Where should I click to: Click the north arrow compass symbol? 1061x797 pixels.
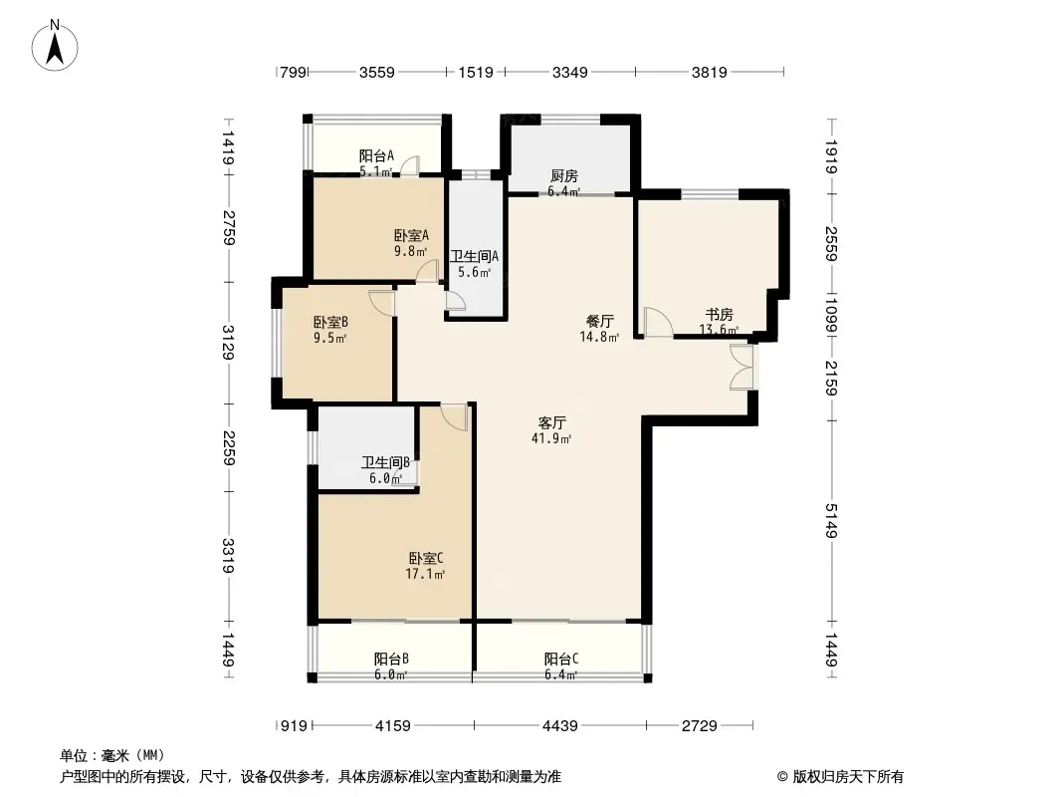pos(55,46)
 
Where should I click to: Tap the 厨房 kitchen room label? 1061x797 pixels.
pos(563,176)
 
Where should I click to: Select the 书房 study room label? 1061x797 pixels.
pos(720,314)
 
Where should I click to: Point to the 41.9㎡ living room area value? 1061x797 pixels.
pos(551,438)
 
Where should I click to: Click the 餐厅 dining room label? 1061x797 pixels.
pos(599,321)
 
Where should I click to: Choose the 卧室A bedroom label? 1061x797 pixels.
pos(411,236)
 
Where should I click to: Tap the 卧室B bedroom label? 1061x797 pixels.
pos(330,323)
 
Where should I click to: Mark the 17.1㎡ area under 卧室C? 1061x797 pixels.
pos(425,575)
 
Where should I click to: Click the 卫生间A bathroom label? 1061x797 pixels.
pos(475,257)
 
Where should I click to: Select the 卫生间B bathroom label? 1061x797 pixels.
pos(385,463)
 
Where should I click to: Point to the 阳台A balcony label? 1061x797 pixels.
pos(376,155)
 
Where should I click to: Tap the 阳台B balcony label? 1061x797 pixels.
pos(391,659)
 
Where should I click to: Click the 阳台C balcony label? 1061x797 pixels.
pos(561,659)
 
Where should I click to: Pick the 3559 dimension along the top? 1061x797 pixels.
pos(377,72)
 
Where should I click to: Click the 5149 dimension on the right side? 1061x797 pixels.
pos(831,521)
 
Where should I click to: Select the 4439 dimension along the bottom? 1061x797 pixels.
pos(560,726)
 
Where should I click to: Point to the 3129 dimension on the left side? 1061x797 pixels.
pos(229,343)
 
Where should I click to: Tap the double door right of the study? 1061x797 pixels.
pos(742,367)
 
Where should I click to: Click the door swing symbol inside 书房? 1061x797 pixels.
pos(657,322)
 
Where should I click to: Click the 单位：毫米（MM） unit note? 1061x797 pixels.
pos(112,756)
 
